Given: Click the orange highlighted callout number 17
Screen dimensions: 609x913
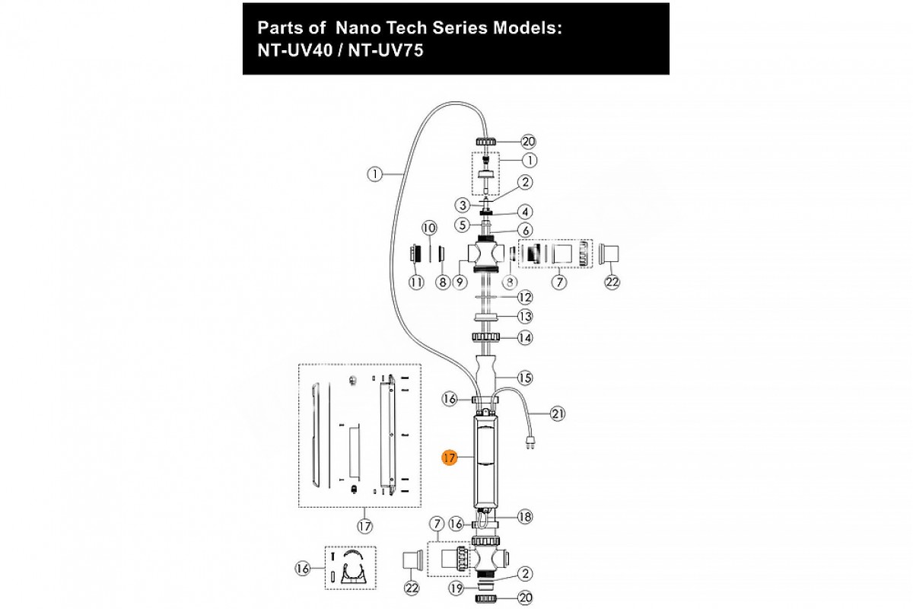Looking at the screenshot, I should tap(449, 458).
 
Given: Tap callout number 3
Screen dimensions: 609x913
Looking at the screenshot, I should tap(462, 205).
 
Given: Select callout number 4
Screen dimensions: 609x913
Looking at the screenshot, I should tap(525, 211).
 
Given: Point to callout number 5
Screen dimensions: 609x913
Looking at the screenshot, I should tap(462, 225).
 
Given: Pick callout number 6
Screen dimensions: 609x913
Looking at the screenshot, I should tap(525, 230).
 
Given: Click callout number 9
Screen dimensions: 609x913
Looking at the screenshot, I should tap(459, 282).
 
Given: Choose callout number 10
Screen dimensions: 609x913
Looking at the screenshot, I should tap(428, 228).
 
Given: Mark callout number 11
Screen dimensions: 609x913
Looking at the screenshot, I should tap(415, 282).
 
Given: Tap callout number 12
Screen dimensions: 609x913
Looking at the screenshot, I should tap(525, 297).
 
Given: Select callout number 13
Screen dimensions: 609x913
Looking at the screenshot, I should tap(525, 317).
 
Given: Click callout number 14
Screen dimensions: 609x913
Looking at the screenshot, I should tap(525, 337).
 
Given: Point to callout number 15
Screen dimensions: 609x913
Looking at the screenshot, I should tap(525, 377).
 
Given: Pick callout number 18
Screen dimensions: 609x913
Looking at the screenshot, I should tap(525, 517).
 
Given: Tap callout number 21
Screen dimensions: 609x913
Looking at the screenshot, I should tap(559, 414).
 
